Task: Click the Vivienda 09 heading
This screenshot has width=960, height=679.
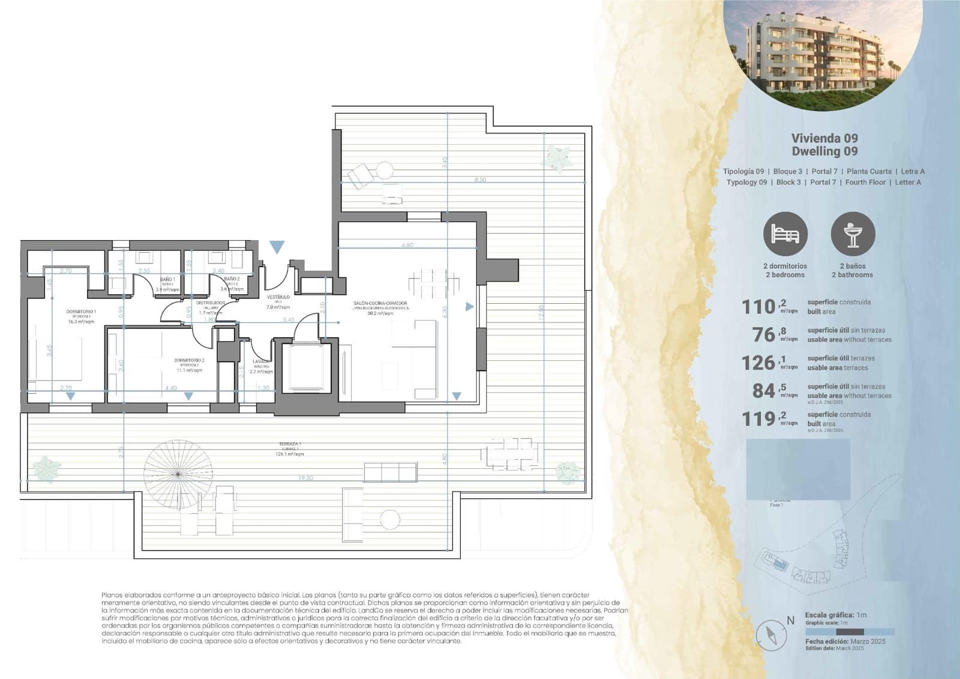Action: coord(824,139)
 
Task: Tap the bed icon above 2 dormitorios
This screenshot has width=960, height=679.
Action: coord(785,234)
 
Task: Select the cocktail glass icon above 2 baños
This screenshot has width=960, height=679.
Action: coord(853,234)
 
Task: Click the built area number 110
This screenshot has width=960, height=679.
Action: coord(759,307)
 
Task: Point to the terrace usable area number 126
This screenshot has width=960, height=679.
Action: coord(759,363)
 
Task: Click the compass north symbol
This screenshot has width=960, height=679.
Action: coord(771,635)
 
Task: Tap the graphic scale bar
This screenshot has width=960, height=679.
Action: coord(850,632)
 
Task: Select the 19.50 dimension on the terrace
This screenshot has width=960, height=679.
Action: coord(305,478)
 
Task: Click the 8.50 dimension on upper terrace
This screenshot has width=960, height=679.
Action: coord(479,180)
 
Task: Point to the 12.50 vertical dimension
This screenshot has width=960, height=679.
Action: coord(542,312)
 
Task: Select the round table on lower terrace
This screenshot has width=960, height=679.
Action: coord(391,519)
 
